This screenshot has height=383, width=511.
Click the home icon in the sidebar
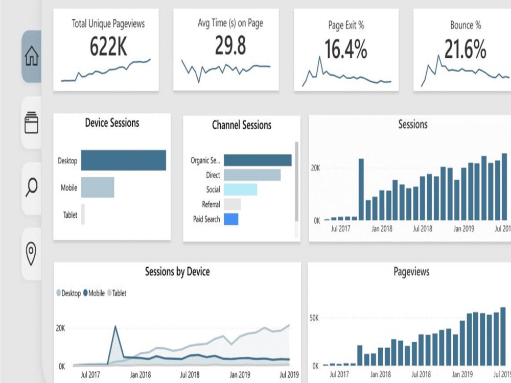(31, 56)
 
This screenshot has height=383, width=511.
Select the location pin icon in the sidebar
(31, 254)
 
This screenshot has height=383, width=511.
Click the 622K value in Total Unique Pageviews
(108, 47)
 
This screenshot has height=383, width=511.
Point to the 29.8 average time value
(230, 46)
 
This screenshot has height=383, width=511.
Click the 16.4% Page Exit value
(346, 50)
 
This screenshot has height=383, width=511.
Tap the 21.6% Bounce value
(464, 50)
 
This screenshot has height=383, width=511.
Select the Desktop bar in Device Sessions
(123, 160)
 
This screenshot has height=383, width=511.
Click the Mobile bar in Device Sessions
(97, 187)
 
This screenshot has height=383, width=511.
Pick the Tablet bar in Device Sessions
(83, 214)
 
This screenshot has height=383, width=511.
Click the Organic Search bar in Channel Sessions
(258, 160)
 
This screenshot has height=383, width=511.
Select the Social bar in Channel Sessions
(240, 189)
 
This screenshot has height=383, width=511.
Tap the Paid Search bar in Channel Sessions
(231, 219)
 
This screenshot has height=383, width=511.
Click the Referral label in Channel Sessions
(211, 204)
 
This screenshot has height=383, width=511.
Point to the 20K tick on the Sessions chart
(315, 167)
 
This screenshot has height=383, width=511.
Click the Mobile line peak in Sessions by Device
(115, 326)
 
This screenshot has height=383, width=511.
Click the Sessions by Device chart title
(177, 272)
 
